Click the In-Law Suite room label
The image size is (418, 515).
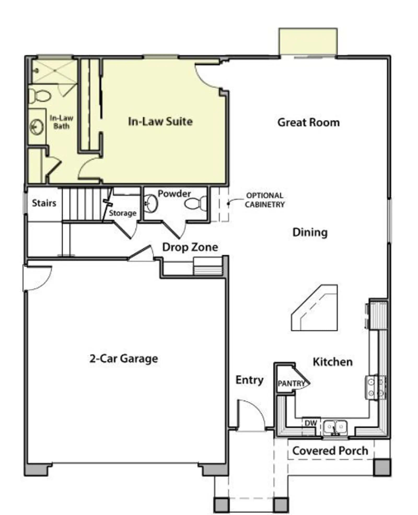160,121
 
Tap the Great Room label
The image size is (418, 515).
309,123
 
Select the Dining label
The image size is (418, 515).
310,232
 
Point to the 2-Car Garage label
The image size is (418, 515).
124,358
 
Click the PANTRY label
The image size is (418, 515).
291,383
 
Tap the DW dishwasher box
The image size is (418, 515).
311,423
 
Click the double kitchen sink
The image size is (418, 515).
335,428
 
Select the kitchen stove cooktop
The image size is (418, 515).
375,387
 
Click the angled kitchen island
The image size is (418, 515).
315,308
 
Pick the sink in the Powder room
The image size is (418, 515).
151,203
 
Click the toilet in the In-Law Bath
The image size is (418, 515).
40,96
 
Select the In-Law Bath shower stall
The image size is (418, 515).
54,71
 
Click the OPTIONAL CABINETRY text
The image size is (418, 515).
265,200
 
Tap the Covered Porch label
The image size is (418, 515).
330,451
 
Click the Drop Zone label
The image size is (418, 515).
190,247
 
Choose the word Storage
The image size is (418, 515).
123,213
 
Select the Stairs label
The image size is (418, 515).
44,203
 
